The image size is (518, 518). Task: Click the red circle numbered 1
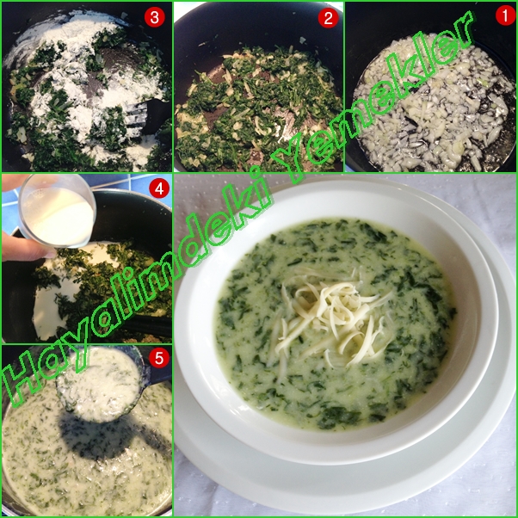point(505,15)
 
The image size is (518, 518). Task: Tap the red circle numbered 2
point(328,17)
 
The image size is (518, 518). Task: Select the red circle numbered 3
point(155,17)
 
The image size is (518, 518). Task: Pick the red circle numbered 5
point(159,357)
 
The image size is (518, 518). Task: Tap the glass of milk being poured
point(57,212)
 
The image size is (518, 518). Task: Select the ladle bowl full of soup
point(99,385)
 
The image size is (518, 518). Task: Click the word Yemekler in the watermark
point(373,96)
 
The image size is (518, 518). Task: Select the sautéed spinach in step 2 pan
point(257,109)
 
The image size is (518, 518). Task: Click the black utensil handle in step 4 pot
point(145,325)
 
